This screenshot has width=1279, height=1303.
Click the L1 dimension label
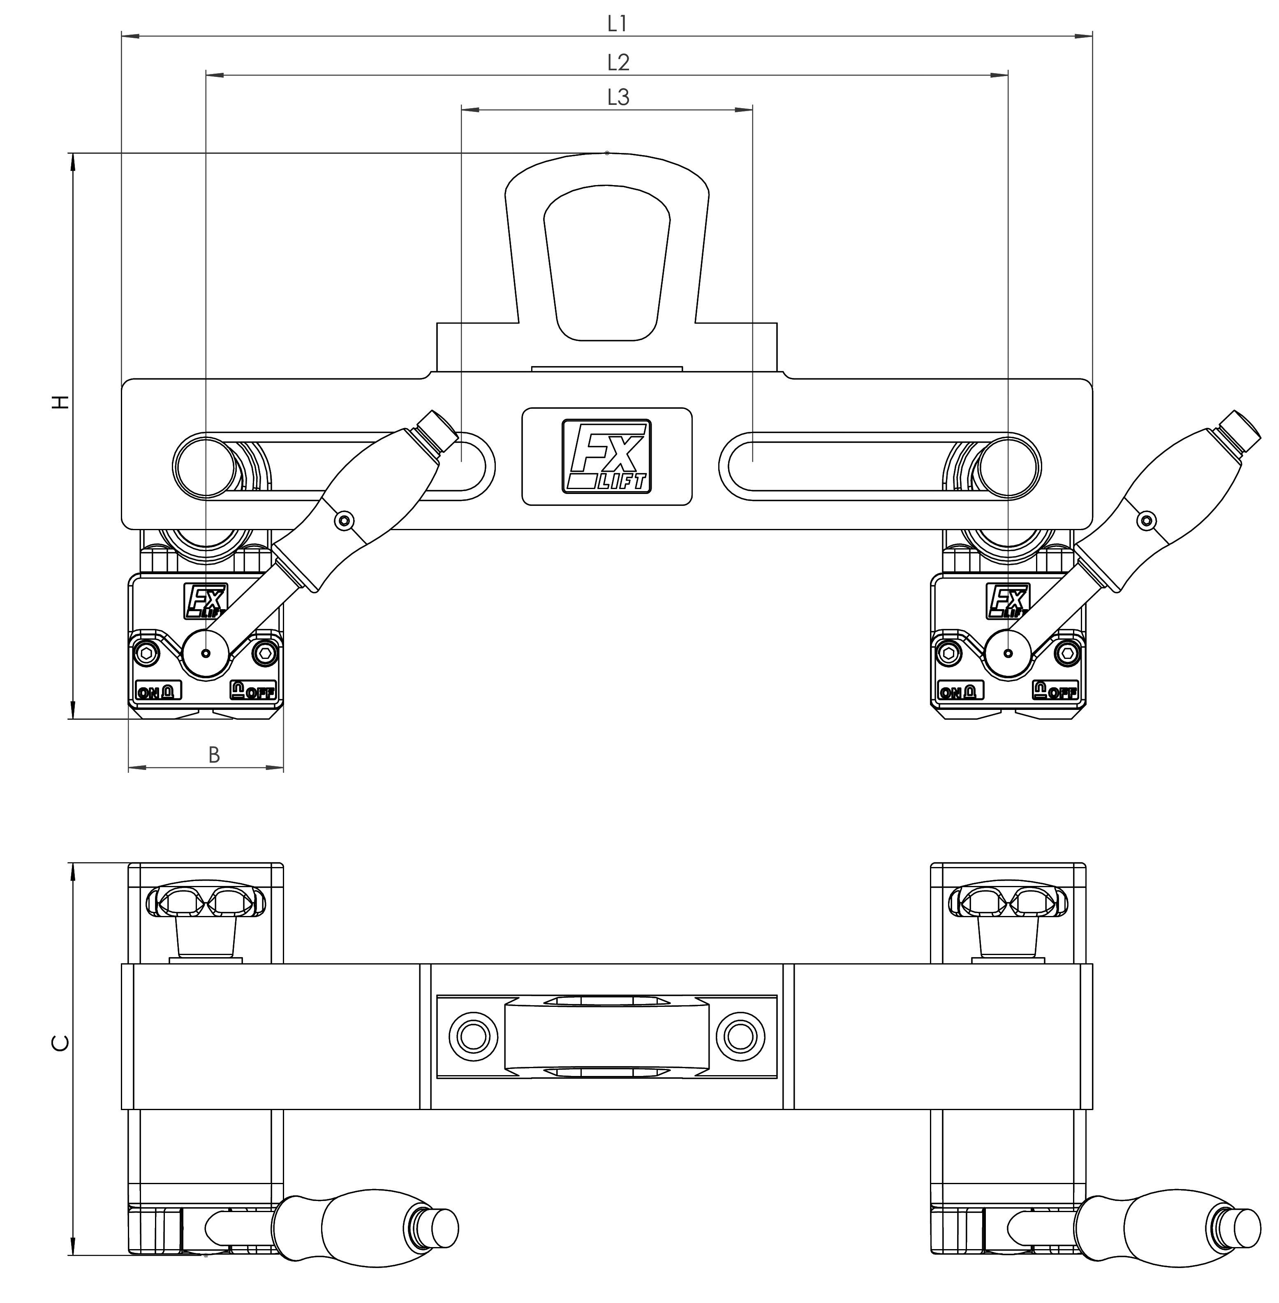click(617, 24)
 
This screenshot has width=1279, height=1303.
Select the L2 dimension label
click(618, 63)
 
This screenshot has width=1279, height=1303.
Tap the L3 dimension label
click(618, 97)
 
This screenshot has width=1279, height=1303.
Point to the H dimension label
click(61, 402)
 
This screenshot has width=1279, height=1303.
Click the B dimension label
click(214, 755)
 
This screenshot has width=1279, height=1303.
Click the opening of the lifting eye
click(606, 262)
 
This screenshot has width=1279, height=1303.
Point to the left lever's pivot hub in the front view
click(206, 652)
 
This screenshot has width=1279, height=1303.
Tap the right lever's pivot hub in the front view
click(1008, 652)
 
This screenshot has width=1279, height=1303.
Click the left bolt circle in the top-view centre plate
click(473, 1036)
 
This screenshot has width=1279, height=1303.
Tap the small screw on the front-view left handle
click(345, 519)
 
